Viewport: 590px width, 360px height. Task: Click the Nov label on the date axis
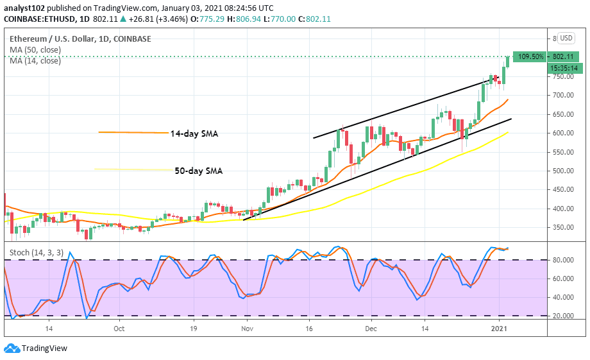point(248,327)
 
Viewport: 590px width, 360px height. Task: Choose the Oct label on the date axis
point(118,327)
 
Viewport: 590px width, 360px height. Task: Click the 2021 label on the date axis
point(500,327)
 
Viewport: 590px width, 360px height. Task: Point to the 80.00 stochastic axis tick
point(564,261)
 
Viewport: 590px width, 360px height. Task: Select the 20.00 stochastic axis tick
point(564,316)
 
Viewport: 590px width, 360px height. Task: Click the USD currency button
point(566,38)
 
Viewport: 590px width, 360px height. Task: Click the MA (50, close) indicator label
point(35,49)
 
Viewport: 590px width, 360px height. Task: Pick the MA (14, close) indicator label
point(35,61)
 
